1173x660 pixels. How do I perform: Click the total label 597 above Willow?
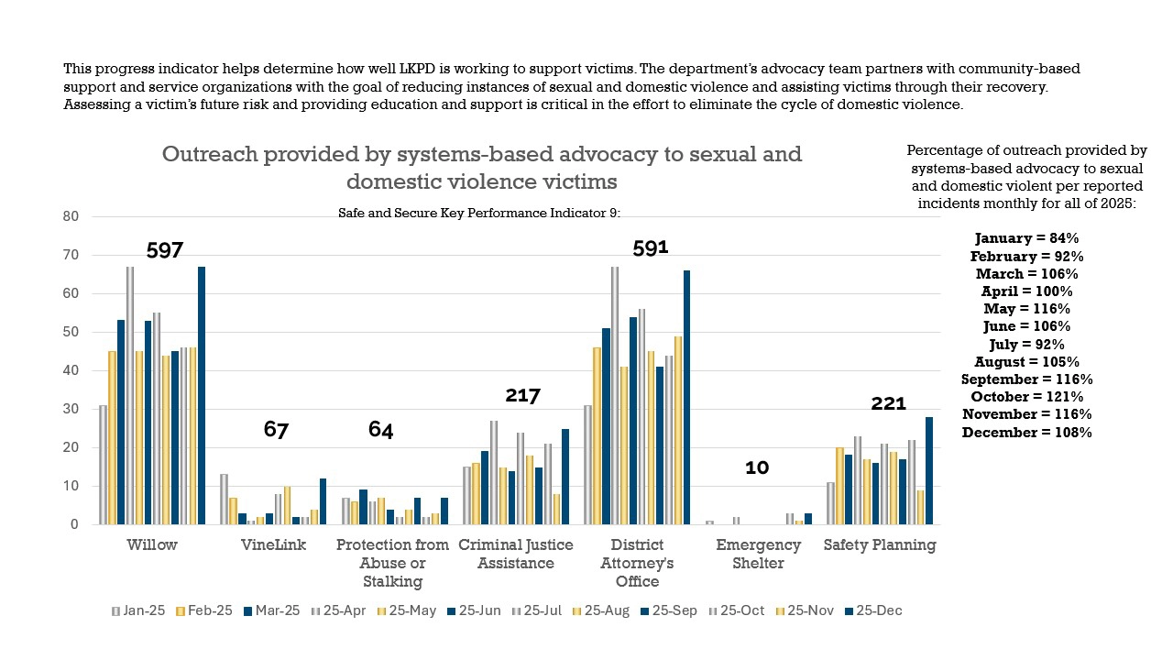tap(165, 250)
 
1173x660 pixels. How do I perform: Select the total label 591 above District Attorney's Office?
tap(651, 248)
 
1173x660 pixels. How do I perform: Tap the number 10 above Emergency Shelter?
tap(757, 467)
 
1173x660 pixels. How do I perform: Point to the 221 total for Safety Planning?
tap(888, 403)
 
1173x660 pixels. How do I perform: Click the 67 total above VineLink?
tap(276, 429)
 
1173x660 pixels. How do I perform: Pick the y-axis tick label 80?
tap(71, 216)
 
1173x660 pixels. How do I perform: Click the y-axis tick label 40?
tap(71, 370)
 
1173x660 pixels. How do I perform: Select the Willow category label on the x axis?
tap(152, 545)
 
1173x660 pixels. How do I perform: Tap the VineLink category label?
tap(274, 545)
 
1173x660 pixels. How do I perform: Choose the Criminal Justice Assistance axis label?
tap(516, 554)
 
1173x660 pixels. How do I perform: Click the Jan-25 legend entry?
tap(138, 610)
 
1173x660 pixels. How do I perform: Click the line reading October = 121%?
tap(1026, 397)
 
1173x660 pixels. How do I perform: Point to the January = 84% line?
tap(1026, 238)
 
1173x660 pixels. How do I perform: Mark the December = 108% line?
tap(1026, 432)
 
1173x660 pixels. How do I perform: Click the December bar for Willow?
tap(201, 394)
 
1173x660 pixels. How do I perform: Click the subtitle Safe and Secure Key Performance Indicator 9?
tap(479, 213)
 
